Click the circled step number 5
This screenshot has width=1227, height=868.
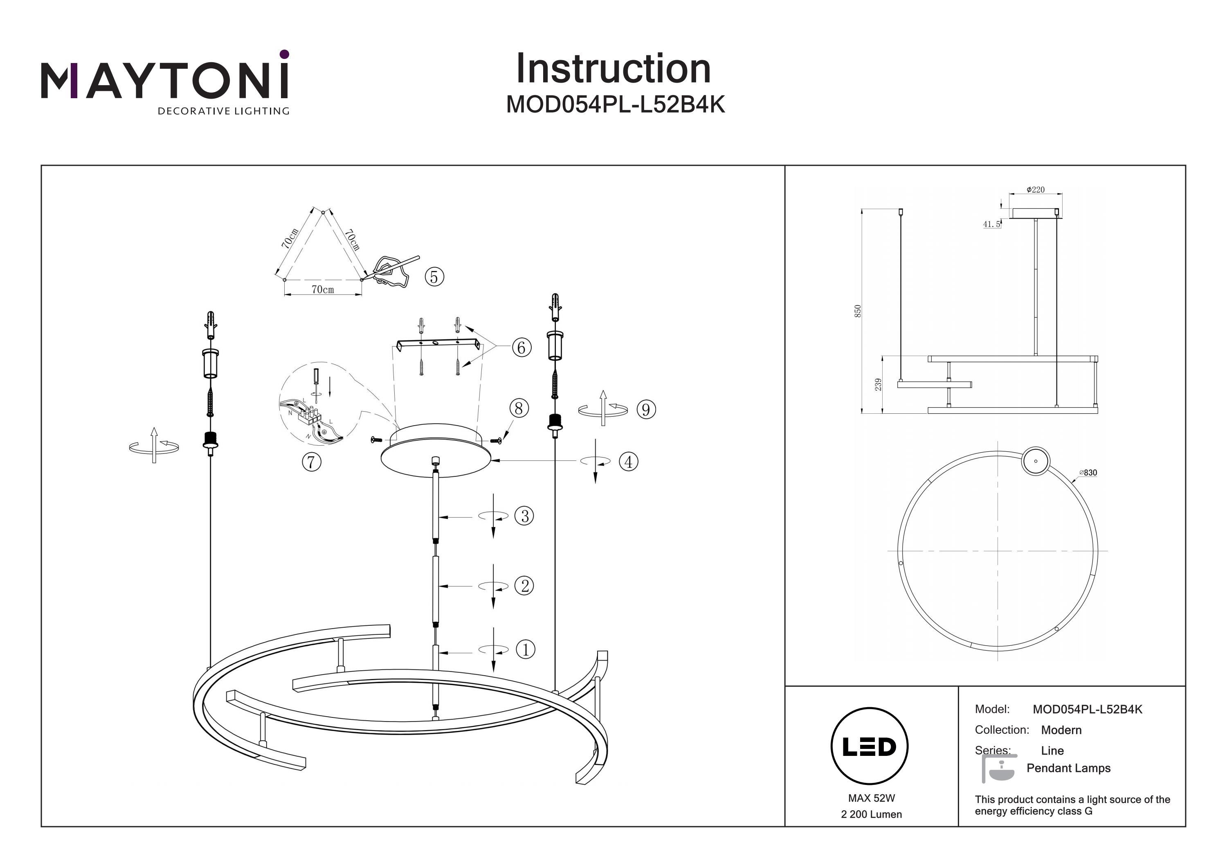click(434, 277)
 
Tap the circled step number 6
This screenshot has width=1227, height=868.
click(521, 347)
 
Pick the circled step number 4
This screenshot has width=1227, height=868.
click(629, 462)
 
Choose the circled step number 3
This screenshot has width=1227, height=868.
click(524, 516)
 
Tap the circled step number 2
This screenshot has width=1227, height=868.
click(524, 586)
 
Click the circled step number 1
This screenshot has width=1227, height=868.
click(525, 650)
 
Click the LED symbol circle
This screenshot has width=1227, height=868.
click(870, 746)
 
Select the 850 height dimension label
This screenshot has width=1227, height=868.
click(858, 311)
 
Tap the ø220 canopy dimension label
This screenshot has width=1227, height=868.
click(1036, 190)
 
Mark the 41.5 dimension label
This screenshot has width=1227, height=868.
click(991, 225)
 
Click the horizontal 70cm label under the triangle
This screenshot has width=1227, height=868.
click(323, 289)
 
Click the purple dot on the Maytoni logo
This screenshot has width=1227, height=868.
click(284, 54)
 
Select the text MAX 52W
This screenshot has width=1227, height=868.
click(871, 798)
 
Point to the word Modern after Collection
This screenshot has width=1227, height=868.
click(1061, 730)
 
